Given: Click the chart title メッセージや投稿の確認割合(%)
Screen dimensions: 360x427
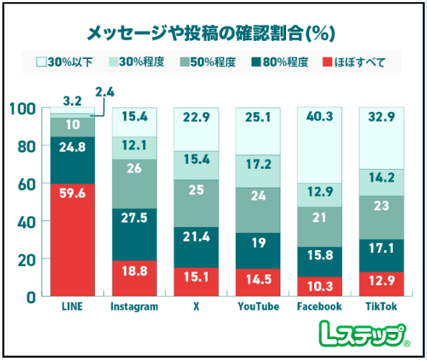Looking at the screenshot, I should point(213,32).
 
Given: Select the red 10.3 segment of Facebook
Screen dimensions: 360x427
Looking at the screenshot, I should point(319,286).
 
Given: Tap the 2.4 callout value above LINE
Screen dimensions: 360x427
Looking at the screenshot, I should point(104,91).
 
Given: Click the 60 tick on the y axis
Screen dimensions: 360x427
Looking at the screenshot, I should point(25,184).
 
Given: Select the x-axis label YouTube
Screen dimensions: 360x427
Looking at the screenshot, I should point(257,307).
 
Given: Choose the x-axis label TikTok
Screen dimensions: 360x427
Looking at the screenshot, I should point(381,307).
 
